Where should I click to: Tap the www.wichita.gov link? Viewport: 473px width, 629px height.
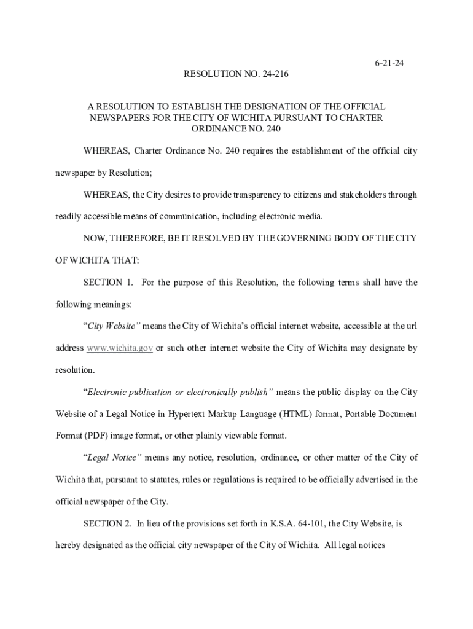[x=120, y=348]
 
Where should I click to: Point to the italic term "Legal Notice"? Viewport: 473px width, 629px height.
[x=113, y=458]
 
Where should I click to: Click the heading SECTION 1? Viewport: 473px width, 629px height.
[x=108, y=283]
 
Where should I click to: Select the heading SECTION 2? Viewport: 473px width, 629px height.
[x=108, y=523]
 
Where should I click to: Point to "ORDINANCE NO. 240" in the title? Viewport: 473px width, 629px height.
[x=237, y=129]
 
